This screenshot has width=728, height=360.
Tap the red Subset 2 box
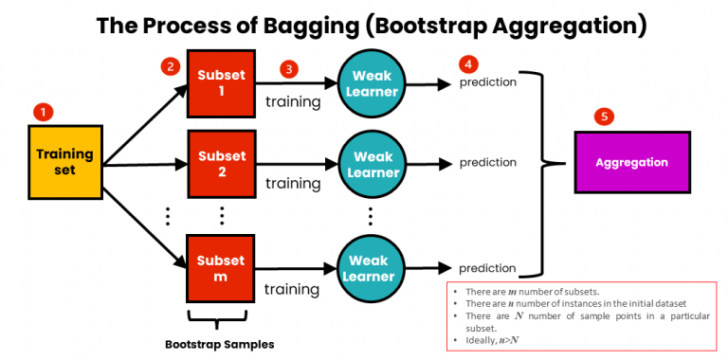pos(221,163)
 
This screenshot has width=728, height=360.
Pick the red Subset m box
pos(221,268)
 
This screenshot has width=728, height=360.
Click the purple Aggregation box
pos(631,163)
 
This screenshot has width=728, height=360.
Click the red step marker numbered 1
pos(43,112)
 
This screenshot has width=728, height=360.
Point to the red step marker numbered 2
pos(170,67)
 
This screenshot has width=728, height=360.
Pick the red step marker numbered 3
pos(289,68)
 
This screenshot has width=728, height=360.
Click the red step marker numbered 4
pos(467,64)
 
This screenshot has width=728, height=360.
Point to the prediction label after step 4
pos(488,82)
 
